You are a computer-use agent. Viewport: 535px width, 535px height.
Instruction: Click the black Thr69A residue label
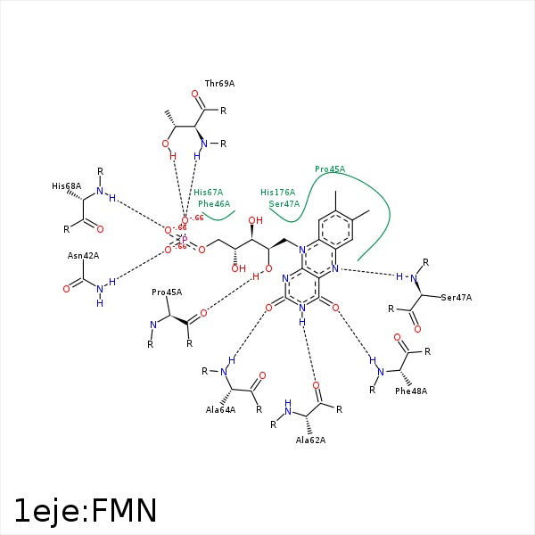point(219,83)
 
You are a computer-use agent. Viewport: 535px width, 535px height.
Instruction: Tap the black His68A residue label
point(66,186)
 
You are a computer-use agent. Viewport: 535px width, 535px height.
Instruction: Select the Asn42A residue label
point(83,256)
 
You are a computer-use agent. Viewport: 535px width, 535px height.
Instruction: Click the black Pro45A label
point(167,292)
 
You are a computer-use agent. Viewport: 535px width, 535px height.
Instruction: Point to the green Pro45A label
point(330,169)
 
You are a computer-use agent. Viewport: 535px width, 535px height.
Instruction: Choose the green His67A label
point(209,192)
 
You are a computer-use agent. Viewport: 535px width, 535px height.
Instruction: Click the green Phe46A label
point(214,204)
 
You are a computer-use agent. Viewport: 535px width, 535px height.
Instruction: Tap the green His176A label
point(277,192)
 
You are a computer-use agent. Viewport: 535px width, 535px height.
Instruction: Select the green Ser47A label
point(284,204)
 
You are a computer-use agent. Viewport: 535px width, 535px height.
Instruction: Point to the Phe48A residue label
point(411,391)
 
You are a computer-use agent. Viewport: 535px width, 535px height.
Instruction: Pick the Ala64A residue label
point(220,410)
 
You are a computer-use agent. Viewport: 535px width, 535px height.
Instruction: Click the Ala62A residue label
point(310,440)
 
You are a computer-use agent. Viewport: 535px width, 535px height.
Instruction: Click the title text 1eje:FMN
point(86,511)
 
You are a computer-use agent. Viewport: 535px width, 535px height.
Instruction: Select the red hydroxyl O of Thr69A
point(166,144)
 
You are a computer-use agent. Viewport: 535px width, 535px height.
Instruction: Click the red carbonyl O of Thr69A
point(195,93)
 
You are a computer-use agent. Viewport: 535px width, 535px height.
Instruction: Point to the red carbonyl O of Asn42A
point(67,289)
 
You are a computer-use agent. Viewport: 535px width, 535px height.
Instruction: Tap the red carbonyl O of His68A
point(100,229)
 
